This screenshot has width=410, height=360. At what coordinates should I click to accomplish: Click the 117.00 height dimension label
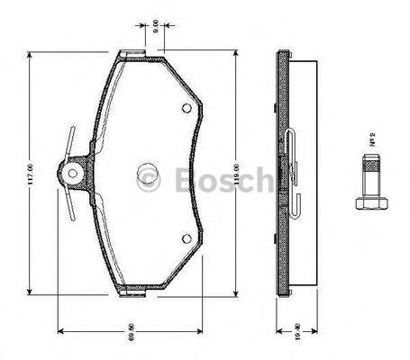pyautogui.click(x=30, y=174)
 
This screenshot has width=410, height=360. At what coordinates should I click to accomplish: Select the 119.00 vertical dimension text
pyautogui.click(x=235, y=173)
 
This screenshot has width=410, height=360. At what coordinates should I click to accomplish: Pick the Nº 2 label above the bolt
pyautogui.click(x=371, y=140)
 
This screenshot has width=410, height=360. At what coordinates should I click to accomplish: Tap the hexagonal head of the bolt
pyautogui.click(x=369, y=205)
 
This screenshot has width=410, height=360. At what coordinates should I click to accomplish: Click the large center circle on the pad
pyautogui.click(x=147, y=175)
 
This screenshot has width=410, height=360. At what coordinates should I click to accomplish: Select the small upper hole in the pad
pyautogui.click(x=186, y=111)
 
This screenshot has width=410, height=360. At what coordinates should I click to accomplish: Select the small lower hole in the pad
pyautogui.click(x=186, y=238)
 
